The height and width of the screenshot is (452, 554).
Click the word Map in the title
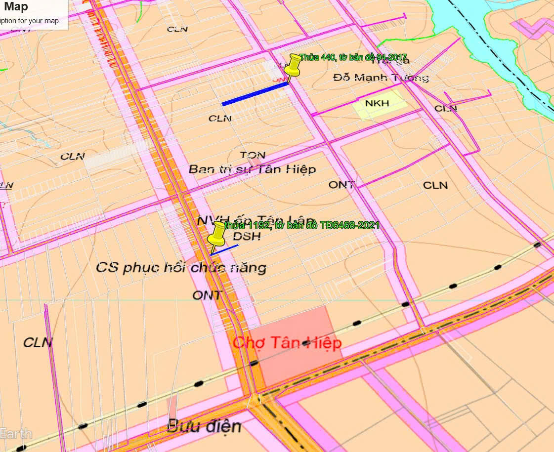(16, 7)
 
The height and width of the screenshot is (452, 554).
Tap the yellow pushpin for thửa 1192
(216, 234)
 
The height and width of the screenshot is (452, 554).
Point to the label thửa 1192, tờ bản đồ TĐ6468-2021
(301, 226)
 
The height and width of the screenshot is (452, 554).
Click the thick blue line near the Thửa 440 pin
(255, 94)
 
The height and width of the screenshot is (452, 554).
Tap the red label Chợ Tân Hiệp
(287, 342)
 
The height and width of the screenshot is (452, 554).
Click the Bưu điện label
(204, 426)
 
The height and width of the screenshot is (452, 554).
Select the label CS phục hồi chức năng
(181, 268)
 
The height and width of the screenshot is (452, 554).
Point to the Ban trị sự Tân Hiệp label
(252, 169)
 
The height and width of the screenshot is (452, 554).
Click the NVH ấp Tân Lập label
(256, 220)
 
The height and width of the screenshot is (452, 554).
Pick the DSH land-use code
(247, 237)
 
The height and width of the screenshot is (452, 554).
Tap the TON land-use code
(253, 156)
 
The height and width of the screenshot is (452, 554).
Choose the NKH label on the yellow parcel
(377, 103)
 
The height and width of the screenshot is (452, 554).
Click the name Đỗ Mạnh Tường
(380, 78)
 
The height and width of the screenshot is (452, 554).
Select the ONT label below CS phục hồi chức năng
(208, 295)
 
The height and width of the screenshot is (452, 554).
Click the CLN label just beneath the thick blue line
(219, 119)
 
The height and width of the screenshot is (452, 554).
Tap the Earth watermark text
(16, 434)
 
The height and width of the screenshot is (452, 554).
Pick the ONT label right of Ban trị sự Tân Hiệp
(341, 185)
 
